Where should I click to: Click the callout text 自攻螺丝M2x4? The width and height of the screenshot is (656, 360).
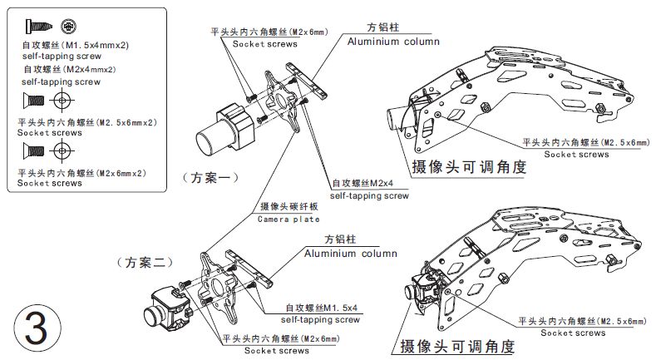point(363,183)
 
